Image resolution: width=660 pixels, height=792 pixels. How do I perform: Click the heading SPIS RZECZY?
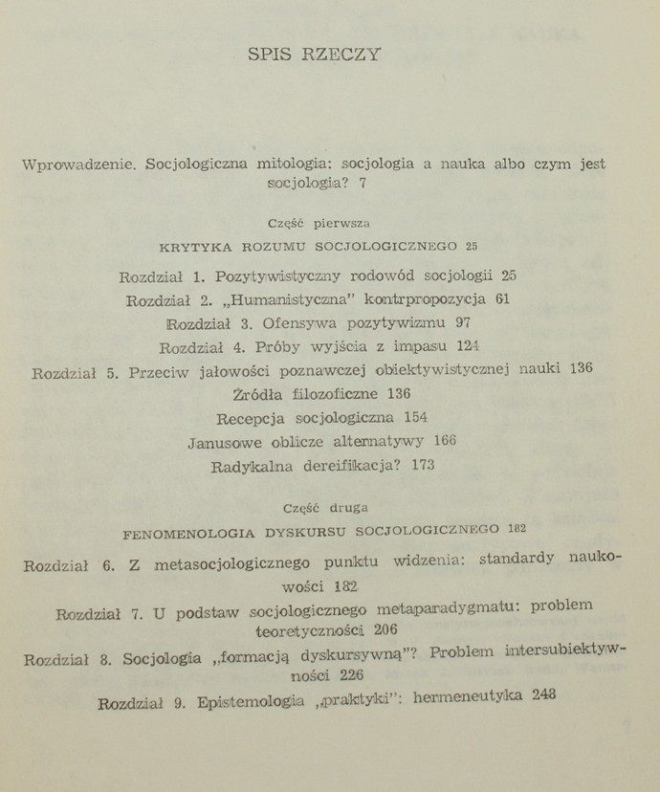315,55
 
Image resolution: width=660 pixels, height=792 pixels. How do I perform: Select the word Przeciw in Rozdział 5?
164,371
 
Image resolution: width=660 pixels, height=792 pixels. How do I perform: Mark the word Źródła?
263,394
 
